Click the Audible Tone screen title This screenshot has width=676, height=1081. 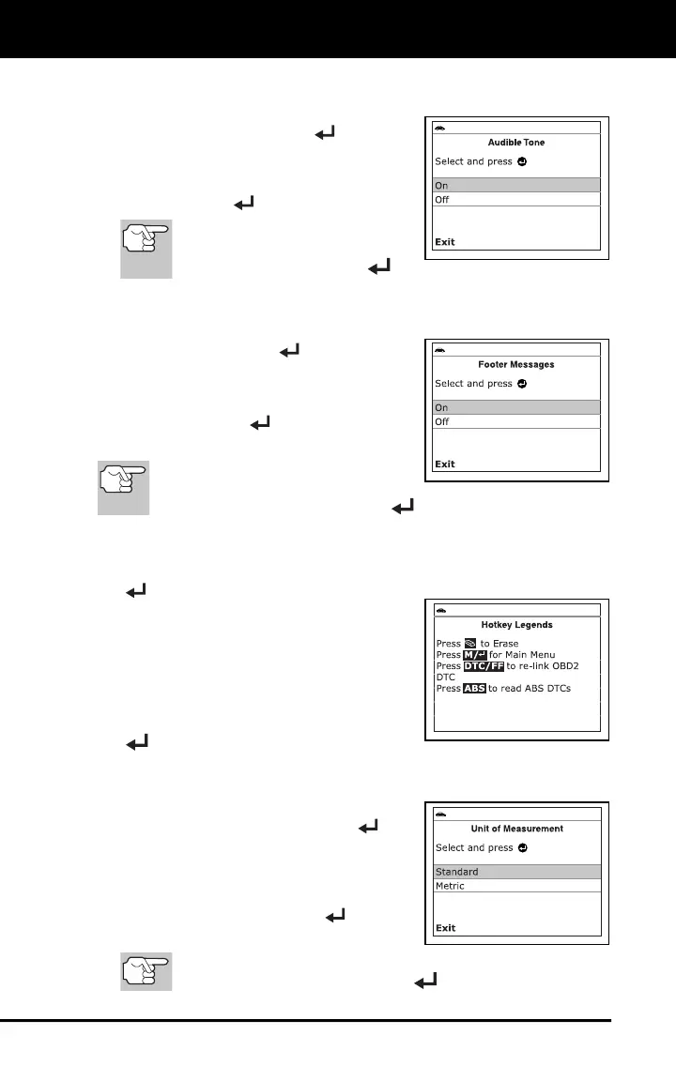[x=516, y=143]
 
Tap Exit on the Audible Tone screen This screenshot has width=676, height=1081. [x=445, y=241]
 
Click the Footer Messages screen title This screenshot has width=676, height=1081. [x=516, y=364]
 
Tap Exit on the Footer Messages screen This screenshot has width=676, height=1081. [x=445, y=464]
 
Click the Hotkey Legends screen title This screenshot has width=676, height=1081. [x=516, y=625]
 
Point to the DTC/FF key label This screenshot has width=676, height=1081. [x=484, y=666]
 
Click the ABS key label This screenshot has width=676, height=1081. [x=474, y=688]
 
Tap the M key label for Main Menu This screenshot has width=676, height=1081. [x=475, y=655]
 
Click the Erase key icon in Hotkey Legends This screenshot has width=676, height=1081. [x=470, y=644]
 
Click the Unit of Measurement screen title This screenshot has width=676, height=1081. [x=516, y=829]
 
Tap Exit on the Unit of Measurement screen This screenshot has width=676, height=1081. [x=445, y=927]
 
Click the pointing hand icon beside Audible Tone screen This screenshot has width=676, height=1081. [x=146, y=250]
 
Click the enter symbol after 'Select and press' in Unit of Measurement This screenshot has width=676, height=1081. [x=523, y=848]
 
